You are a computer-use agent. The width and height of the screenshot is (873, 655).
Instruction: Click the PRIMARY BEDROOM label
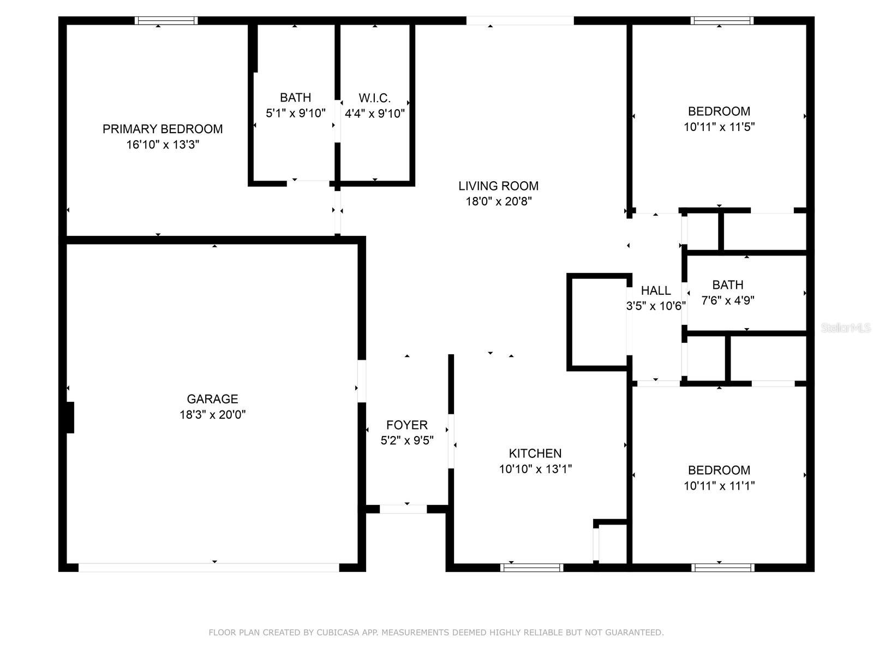(163, 129)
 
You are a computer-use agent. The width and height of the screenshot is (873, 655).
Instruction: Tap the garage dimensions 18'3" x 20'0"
(213, 415)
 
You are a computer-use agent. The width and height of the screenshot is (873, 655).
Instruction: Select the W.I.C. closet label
(375, 98)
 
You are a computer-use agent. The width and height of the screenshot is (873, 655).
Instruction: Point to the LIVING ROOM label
(498, 186)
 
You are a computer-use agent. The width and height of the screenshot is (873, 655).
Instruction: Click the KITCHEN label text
(535, 454)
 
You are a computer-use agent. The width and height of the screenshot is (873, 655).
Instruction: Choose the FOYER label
(407, 425)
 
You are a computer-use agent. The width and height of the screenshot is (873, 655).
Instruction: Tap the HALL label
(656, 290)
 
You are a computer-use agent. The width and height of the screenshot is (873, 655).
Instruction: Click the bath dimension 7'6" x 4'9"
(728, 300)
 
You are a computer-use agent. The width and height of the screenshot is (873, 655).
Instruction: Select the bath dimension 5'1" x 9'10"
(296, 114)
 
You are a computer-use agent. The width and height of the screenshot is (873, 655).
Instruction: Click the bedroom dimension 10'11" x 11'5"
(719, 127)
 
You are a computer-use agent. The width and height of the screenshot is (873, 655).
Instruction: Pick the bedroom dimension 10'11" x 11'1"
(719, 486)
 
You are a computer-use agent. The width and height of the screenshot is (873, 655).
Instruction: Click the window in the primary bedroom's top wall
(166, 21)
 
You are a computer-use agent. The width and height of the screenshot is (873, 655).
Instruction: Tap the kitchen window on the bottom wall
(532, 568)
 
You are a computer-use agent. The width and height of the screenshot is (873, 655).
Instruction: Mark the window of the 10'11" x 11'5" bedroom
(722, 21)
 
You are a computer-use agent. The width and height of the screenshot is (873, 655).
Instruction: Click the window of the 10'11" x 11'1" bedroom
(723, 568)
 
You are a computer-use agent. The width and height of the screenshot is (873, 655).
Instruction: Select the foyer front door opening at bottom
(403, 509)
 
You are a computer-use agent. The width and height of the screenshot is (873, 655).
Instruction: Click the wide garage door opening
(209, 568)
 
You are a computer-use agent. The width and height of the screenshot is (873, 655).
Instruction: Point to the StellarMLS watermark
(845, 328)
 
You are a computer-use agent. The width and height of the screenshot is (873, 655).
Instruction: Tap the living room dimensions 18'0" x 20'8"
(498, 201)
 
